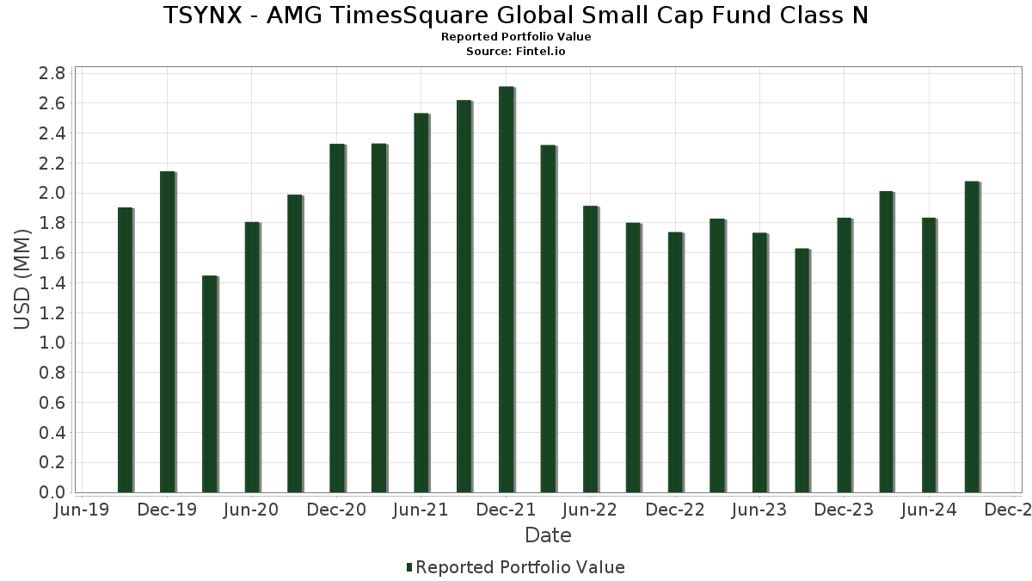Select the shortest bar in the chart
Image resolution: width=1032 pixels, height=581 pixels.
[209, 385]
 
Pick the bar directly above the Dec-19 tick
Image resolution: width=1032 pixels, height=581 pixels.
[167, 332]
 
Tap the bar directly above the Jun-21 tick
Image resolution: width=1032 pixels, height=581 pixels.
[421, 303]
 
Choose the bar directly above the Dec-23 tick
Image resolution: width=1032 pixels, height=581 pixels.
[844, 355]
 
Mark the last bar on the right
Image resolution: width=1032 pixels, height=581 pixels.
[971, 337]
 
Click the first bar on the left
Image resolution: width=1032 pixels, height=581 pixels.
[125, 350]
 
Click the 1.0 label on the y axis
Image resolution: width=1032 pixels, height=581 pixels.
[52, 343]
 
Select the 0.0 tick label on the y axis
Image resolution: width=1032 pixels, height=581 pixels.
[52, 492]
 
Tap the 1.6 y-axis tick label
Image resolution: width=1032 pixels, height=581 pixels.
[52, 253]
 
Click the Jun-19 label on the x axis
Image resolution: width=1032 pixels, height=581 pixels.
[81, 510]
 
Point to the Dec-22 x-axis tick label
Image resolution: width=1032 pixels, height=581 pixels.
[675, 510]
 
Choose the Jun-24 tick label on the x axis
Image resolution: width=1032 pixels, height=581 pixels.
[929, 510]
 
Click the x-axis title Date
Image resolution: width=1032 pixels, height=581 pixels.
[548, 535]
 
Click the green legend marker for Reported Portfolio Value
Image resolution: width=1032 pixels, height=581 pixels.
[409, 567]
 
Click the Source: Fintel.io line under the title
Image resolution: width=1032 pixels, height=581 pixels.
[515, 51]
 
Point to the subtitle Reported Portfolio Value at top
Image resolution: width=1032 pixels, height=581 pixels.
[515, 37]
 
